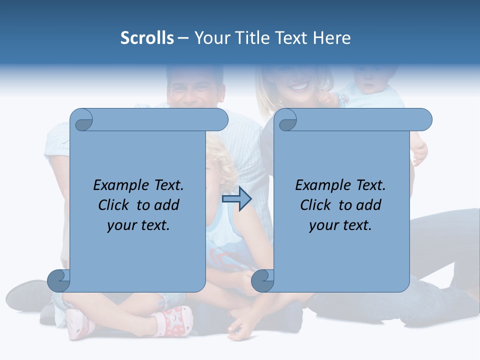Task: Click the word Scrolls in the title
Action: (x=147, y=38)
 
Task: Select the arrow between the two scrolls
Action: (x=236, y=199)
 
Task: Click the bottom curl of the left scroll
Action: (x=58, y=280)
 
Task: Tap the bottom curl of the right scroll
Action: (x=262, y=280)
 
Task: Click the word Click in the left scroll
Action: (x=114, y=205)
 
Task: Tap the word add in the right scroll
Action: (x=369, y=205)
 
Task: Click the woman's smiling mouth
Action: (x=299, y=87)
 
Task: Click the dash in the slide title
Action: (x=183, y=38)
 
